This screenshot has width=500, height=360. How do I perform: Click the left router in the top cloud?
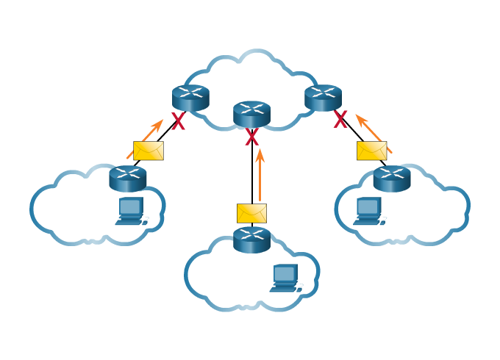pyautogui.click(x=191, y=98)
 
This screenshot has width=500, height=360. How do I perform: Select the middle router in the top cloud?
pyautogui.click(x=251, y=114)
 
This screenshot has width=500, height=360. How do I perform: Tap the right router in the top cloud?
pyautogui.click(x=323, y=98)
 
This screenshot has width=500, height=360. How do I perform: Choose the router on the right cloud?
pyautogui.click(x=391, y=179)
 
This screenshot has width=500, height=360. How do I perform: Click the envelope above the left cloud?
pyautogui.click(x=149, y=151)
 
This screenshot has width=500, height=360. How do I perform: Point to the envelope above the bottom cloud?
pyautogui.click(x=251, y=213)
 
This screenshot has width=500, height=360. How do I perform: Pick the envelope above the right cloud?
pyautogui.click(x=371, y=151)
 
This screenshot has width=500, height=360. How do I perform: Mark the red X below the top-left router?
pyautogui.click(x=179, y=123)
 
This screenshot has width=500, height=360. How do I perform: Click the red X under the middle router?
pyautogui.click(x=252, y=137)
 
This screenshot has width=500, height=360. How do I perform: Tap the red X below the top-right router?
pyautogui.click(x=340, y=120)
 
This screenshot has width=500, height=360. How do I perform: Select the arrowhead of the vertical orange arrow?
pyautogui.click(x=260, y=154)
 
